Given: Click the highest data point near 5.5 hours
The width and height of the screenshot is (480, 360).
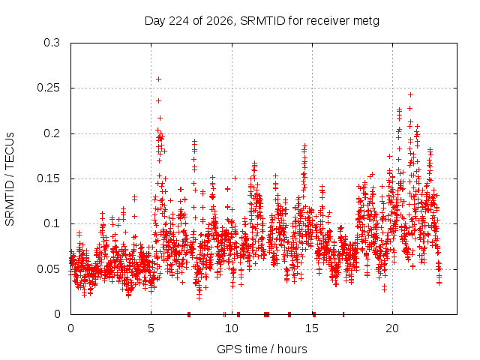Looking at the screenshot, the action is coord(158,79).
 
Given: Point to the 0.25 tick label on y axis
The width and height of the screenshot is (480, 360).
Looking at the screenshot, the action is coord(48,88).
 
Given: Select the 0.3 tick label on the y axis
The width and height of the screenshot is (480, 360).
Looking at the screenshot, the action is coord(52,43).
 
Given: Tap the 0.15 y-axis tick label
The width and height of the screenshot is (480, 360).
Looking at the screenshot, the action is coord(48,178).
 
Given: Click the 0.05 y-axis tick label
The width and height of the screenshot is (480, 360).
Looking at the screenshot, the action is coord(48,269).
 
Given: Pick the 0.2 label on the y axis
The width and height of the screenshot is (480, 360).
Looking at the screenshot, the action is coord(52,133).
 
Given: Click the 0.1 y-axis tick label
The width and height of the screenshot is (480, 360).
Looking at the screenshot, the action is coord(52,223).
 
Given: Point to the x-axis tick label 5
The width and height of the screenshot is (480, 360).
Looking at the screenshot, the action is coord(151,328).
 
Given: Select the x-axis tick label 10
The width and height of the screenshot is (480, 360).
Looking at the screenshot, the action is coord(232,328).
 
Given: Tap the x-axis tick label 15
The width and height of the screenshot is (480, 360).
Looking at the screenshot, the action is coord(312,328).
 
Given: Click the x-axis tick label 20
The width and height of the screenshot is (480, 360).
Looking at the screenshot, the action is coord(392,328).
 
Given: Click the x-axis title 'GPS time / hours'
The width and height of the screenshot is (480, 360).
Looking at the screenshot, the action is coord(262,349).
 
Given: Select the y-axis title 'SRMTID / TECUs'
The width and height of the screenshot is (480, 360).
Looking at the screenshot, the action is coord(10,179).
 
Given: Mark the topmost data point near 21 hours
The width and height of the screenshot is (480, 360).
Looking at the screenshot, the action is coord(410,95).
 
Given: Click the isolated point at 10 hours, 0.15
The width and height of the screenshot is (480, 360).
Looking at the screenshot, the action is coord(235,178).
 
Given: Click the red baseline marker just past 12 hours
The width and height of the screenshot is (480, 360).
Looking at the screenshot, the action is coord(267,314).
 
